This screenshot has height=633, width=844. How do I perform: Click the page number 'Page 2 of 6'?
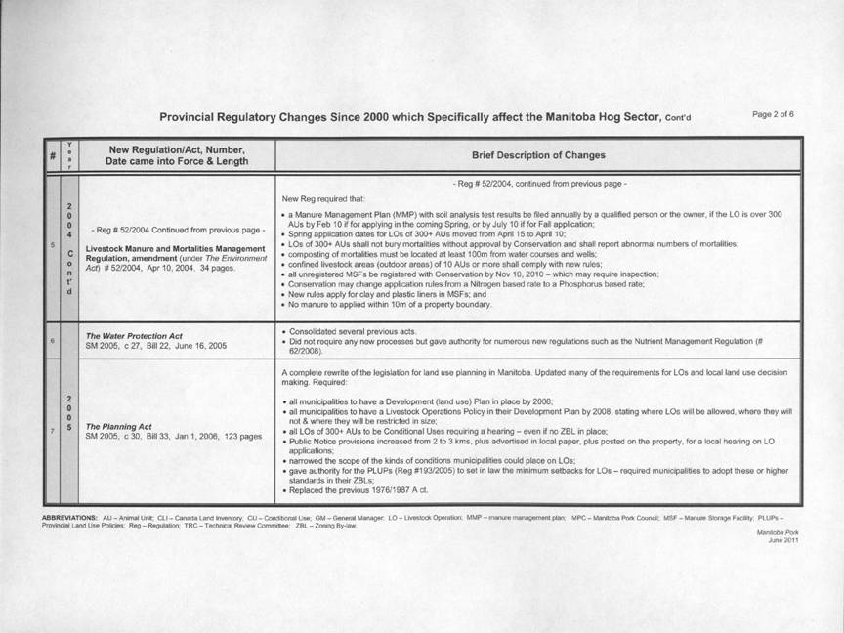point(773,114)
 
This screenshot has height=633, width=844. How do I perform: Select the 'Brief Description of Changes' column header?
point(538,155)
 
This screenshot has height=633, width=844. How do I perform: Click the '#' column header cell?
point(51,155)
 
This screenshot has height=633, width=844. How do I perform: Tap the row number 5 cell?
point(51,245)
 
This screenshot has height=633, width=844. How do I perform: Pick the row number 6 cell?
point(51,340)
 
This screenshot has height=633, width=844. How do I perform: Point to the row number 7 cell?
point(51,431)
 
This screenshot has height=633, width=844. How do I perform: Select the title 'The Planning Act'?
point(118,426)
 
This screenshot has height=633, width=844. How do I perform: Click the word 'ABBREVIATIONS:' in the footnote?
point(69,515)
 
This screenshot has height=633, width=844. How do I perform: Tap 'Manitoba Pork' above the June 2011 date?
point(778,532)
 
